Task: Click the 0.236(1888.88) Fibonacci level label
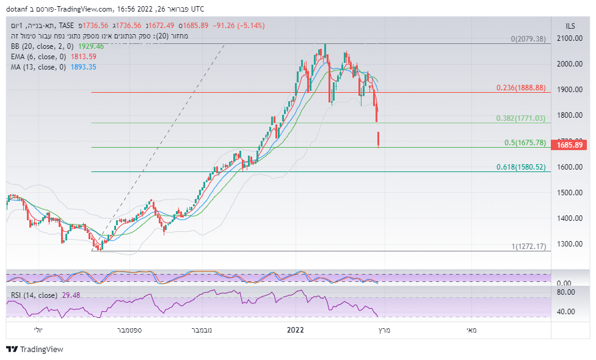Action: pyautogui.click(x=520, y=88)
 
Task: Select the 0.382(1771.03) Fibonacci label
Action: pyautogui.click(x=520, y=118)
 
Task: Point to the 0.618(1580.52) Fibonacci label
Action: pyautogui.click(x=520, y=167)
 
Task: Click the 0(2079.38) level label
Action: pyautogui.click(x=528, y=39)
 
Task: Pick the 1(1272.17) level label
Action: pyautogui.click(x=528, y=247)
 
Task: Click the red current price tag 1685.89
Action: pyautogui.click(x=567, y=145)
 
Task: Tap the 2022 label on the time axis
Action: pyautogui.click(x=296, y=330)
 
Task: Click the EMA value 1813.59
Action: pyautogui.click(x=84, y=57)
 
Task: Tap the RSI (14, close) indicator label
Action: pyautogui.click(x=34, y=295)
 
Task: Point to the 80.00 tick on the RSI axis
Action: pyautogui.click(x=567, y=292)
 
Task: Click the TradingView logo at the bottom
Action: pyautogui.click(x=35, y=350)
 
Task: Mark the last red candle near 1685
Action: pyautogui.click(x=379, y=139)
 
